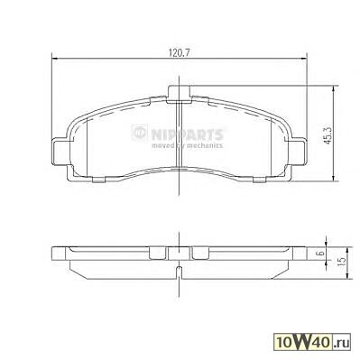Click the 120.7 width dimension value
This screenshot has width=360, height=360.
click(x=180, y=53)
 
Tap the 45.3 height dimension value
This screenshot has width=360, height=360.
click(x=328, y=135)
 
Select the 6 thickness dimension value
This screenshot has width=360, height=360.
click(x=321, y=253)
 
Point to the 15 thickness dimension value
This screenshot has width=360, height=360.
click(x=340, y=262)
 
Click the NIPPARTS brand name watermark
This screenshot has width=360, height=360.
click(x=187, y=134)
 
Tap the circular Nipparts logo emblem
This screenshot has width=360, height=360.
click(x=139, y=133)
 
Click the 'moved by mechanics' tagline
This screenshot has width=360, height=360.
click(x=187, y=145)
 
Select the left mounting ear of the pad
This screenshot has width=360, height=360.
click(x=61, y=152)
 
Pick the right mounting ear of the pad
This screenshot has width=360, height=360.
click(x=298, y=152)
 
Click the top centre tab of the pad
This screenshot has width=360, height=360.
click(x=179, y=93)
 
